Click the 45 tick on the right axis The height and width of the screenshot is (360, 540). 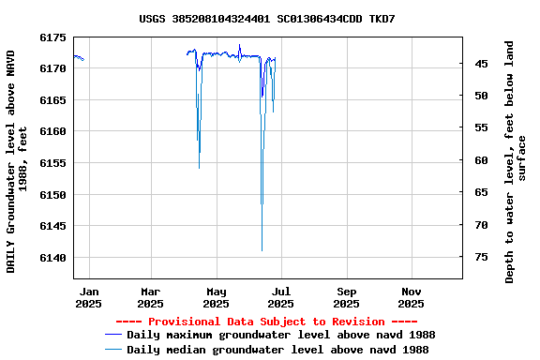point(481,64)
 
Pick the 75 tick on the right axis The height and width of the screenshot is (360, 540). point(481,257)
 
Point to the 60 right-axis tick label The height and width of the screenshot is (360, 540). point(481,160)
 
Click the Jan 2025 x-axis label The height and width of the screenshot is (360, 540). point(88,297)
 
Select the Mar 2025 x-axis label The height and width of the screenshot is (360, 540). point(150,297)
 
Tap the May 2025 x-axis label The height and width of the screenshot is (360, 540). point(216,297)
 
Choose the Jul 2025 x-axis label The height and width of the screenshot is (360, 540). point(280,297)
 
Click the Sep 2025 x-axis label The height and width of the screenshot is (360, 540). point(346,297)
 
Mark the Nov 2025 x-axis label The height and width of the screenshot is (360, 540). point(411,297)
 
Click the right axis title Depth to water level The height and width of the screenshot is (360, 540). point(517,161)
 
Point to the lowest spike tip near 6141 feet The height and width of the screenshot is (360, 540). point(262,250)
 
